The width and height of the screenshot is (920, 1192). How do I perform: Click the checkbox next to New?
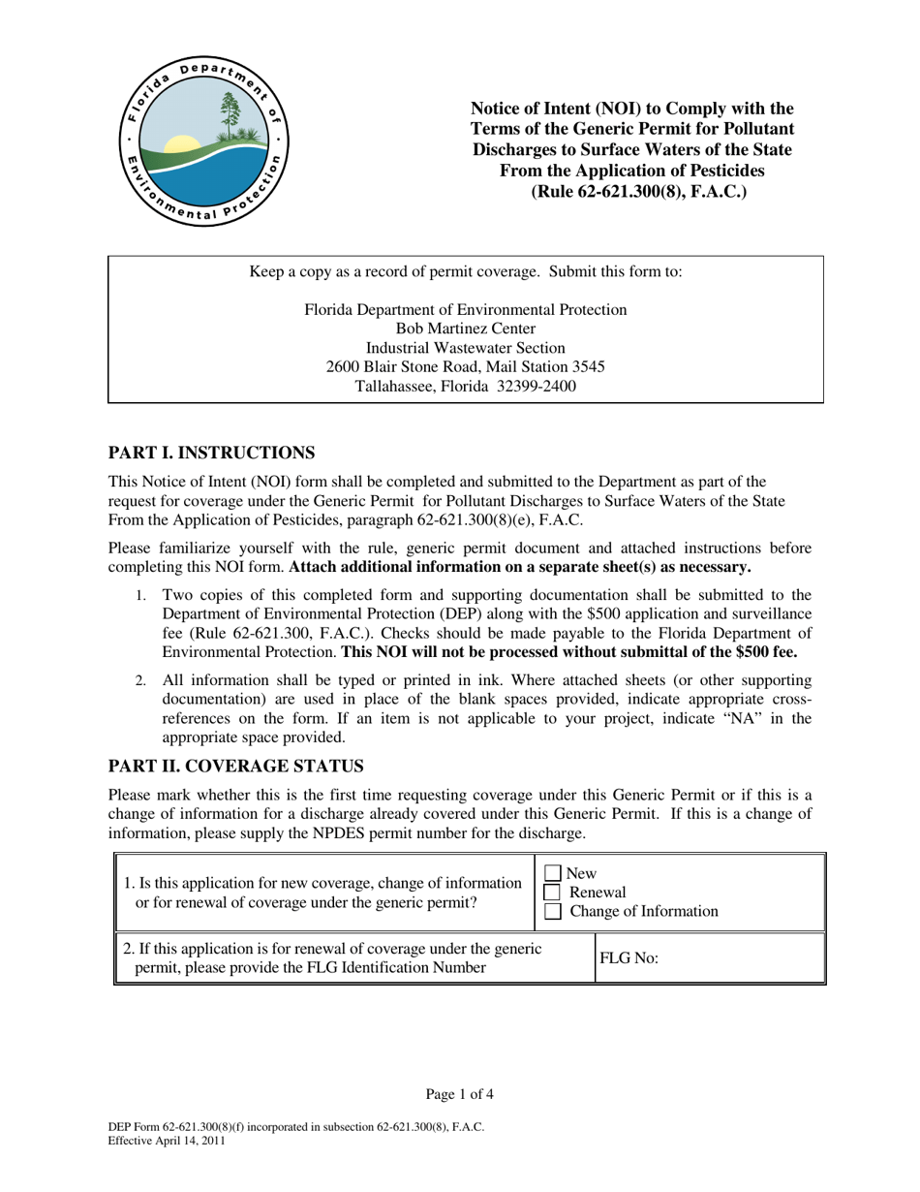point(553,874)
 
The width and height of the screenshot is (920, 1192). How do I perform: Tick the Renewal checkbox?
point(553,893)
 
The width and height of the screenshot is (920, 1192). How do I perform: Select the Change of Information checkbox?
point(553,912)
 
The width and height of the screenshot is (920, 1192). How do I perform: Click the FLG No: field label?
point(629,958)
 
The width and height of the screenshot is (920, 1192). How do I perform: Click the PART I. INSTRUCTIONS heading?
point(211,453)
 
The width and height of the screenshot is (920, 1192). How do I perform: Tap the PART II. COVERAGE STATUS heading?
point(235,767)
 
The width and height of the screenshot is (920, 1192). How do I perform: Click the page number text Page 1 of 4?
point(460,1095)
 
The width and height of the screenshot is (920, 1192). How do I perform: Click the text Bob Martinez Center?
point(465,329)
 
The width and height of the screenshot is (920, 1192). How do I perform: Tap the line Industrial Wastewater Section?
point(465,348)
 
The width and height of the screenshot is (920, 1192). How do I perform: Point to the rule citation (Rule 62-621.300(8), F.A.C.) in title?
point(638,191)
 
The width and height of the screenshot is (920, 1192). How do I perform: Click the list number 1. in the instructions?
point(141,596)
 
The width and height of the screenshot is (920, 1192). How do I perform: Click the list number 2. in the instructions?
point(141,681)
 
